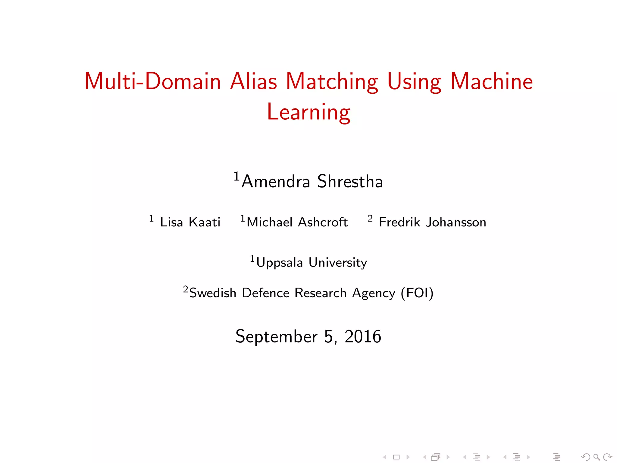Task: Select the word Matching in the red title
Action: pos(332,82)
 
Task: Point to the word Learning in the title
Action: pos(308,112)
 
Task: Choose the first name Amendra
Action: pos(276,181)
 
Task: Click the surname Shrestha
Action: pos(350,181)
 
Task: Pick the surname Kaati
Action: pos(205,222)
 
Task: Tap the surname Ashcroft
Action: pos(323,222)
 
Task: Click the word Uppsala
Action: pos(279,263)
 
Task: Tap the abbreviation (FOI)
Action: pos(417,293)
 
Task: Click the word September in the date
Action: pos(276,336)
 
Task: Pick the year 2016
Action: pos(363,336)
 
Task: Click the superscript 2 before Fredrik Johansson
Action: pos(370,218)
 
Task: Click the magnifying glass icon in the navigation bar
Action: pos(597,457)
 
